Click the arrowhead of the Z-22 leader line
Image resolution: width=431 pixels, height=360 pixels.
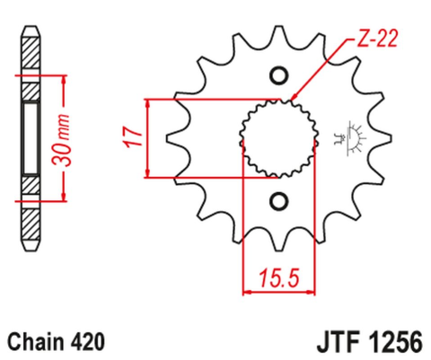pyautogui.click(x=292, y=97)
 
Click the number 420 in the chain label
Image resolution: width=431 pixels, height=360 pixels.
pyautogui.click(x=90, y=342)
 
